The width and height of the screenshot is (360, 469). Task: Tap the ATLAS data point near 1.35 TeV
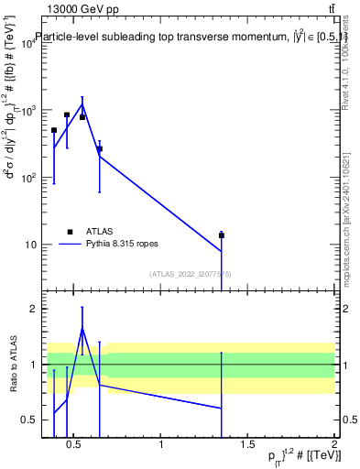pyautogui.click(x=222, y=235)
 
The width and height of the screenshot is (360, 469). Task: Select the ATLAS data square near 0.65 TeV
pyautogui.click(x=100, y=148)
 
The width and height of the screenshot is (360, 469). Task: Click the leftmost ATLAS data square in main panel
pyautogui.click(x=54, y=130)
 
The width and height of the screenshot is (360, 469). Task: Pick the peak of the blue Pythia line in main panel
pyautogui.click(x=82, y=104)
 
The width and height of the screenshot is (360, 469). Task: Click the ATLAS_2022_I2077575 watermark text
pyautogui.click(x=191, y=274)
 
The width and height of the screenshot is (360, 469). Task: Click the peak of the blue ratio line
pyautogui.click(x=82, y=328)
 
